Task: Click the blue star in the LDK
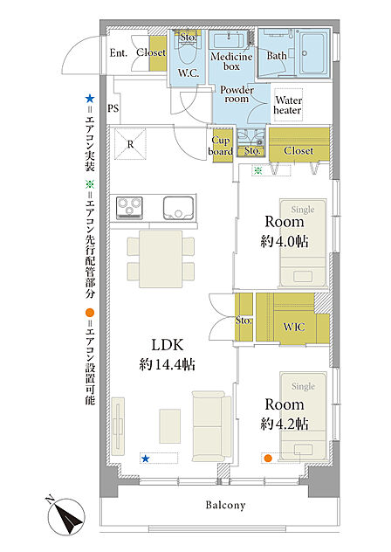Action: [x=145, y=459]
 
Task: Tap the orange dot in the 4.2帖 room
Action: [x=268, y=458]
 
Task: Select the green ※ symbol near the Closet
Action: [x=258, y=170]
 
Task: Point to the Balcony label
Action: [x=225, y=505]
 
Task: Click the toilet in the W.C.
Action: [x=189, y=52]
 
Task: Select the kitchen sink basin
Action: [x=178, y=208]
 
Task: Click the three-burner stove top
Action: [x=129, y=208]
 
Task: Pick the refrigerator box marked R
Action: [x=130, y=143]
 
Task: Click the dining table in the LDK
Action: [x=161, y=259]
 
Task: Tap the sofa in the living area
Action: [x=211, y=426]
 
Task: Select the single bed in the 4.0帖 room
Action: [x=303, y=243]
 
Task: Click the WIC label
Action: [x=294, y=327]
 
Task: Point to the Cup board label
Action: [x=221, y=146]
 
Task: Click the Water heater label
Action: [x=288, y=106]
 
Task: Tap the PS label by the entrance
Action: [x=113, y=108]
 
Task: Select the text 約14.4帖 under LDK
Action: [x=167, y=364]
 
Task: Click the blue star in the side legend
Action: [x=90, y=99]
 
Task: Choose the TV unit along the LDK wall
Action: [x=118, y=426]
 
